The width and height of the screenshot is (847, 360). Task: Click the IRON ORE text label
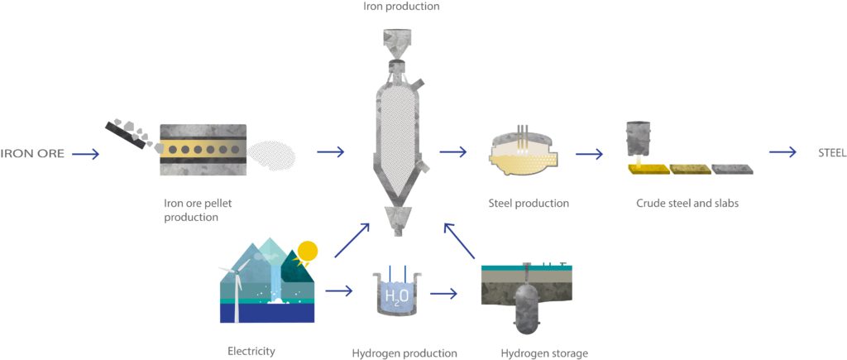point(32,154)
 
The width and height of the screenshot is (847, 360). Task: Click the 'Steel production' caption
point(528,204)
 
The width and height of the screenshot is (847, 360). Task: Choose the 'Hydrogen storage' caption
point(543,353)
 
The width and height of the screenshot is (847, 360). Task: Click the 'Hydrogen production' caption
point(404,353)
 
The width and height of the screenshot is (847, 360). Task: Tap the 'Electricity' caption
point(251,352)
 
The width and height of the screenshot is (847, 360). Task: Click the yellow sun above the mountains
point(308,252)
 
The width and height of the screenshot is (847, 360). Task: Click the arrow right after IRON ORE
point(85,154)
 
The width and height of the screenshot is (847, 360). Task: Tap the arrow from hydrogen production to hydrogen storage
point(443,294)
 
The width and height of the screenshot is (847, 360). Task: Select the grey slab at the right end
point(732,169)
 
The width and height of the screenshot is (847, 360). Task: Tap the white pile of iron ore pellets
point(274,154)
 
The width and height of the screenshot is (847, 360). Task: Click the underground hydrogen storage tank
point(526,303)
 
